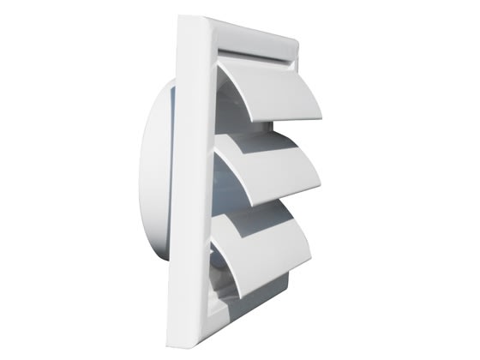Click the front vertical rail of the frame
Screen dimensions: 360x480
(197, 180)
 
